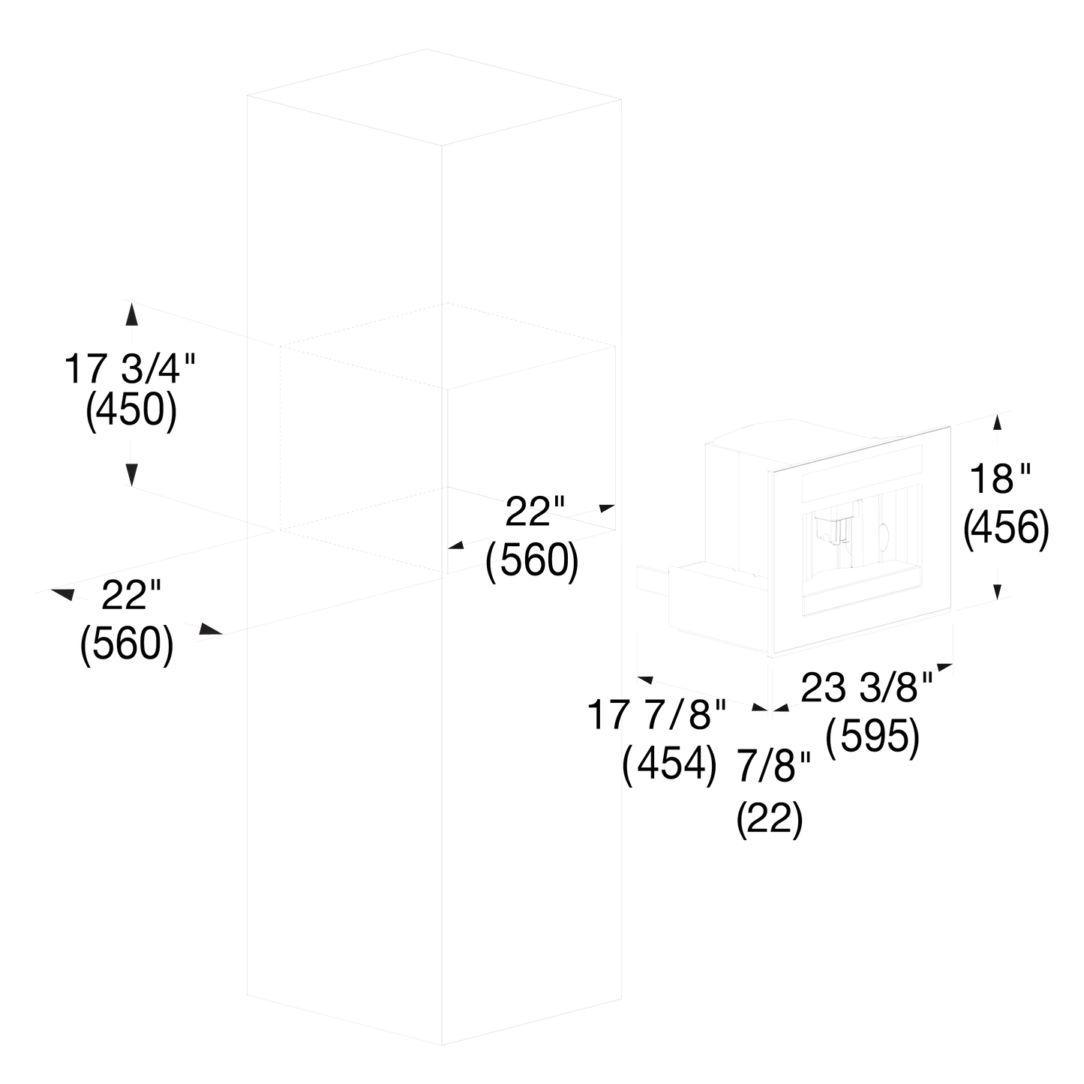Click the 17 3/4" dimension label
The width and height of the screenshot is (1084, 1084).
pos(130,369)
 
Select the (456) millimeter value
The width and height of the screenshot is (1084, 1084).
pos(1007,530)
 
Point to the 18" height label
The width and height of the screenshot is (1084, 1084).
pos(1000,479)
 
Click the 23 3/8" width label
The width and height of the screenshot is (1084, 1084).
pos(867,687)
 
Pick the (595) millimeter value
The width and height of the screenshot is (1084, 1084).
pos(872,737)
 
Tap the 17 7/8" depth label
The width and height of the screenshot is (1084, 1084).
pos(657,715)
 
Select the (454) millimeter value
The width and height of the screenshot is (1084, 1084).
pos(669,763)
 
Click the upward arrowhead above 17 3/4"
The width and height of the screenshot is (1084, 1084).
pos(131,314)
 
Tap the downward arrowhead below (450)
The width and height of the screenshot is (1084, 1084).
pos(131,475)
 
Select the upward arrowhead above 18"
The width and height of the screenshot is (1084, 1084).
pos(998,422)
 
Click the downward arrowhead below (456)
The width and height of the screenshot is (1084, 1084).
pos(998,592)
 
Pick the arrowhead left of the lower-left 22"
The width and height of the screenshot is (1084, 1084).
pos(62,594)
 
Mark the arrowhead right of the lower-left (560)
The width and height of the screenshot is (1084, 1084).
pos(211,629)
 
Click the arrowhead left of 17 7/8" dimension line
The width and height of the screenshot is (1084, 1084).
pos(644,680)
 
